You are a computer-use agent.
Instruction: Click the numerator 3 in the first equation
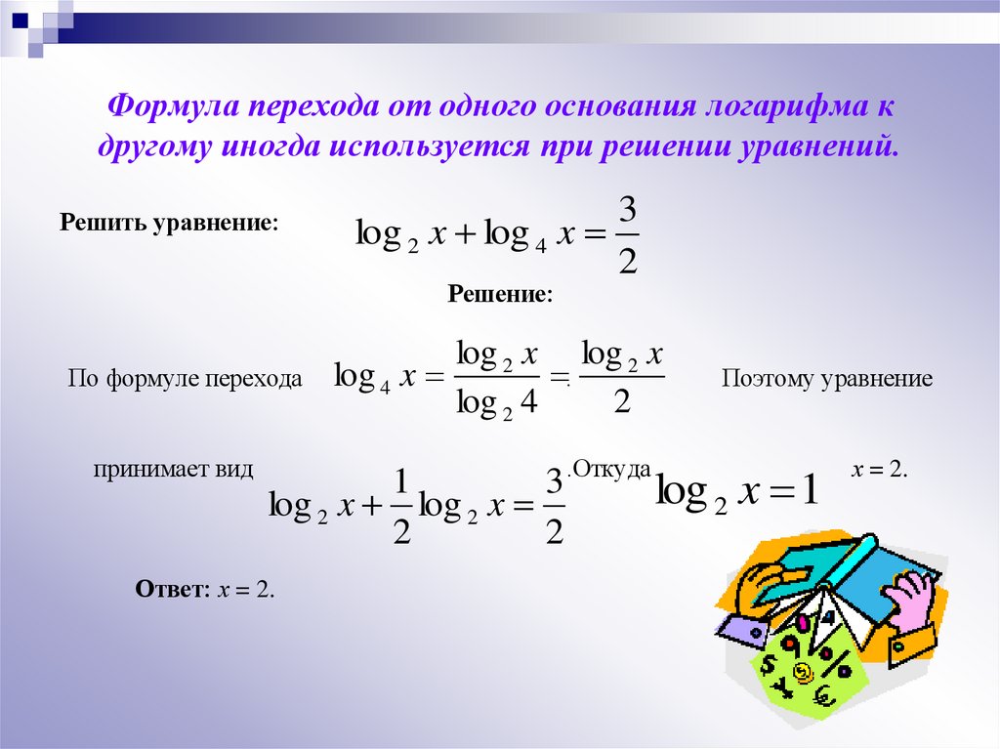pyautogui.click(x=628, y=211)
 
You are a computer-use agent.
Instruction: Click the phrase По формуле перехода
pyautogui.click(x=185, y=378)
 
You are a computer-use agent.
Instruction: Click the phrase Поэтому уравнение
pyautogui.click(x=827, y=378)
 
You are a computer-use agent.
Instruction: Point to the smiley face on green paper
pyautogui.click(x=803, y=671)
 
